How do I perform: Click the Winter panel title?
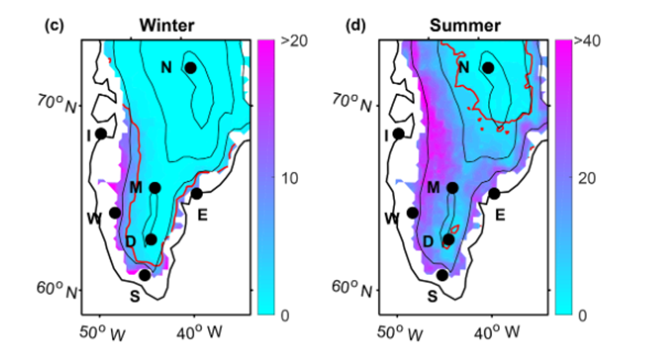tap(167, 26)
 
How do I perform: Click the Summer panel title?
tap(465, 26)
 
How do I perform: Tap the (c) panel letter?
tap(53, 26)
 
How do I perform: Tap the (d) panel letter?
tap(355, 26)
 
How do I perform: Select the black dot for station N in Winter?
tap(191, 68)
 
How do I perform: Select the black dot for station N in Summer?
tap(488, 68)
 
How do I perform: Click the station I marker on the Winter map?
tap(101, 134)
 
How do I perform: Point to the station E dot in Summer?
tap(494, 193)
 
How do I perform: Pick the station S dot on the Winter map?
tap(145, 275)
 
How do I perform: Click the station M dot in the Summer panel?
tap(453, 188)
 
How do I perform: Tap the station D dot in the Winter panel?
tap(151, 239)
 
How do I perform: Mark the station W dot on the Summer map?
tap(412, 213)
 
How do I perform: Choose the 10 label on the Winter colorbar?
tap(289, 178)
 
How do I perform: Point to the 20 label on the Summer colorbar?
tap(587, 178)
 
